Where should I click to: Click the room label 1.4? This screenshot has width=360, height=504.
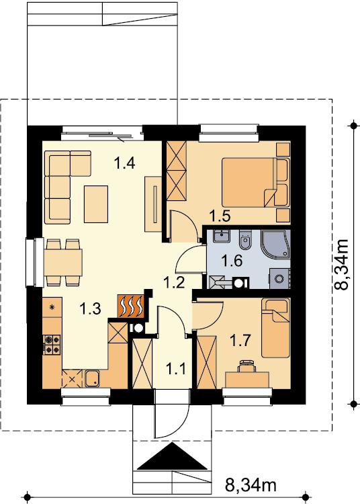[x=124, y=163]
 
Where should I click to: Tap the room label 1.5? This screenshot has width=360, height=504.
[x=220, y=215]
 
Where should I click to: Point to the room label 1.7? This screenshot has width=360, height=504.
[x=240, y=340]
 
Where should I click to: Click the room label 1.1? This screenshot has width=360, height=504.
[x=176, y=368]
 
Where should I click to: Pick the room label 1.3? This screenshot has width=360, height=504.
[x=90, y=308]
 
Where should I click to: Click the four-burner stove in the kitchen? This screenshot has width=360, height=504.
[x=52, y=344]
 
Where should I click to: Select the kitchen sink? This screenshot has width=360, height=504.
[x=93, y=378]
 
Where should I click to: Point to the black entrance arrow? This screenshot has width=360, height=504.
[x=173, y=456]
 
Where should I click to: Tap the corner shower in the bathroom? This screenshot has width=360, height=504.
[x=276, y=245]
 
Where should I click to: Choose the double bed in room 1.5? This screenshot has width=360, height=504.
[x=255, y=182]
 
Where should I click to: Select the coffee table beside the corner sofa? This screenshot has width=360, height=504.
[x=96, y=204]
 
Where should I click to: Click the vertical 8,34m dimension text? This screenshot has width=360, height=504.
[x=341, y=265]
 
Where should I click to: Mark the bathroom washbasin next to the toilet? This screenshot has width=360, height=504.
[x=222, y=237]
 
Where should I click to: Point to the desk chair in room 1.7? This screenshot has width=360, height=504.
[x=247, y=366]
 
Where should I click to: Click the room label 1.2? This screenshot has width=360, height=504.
[x=174, y=283]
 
